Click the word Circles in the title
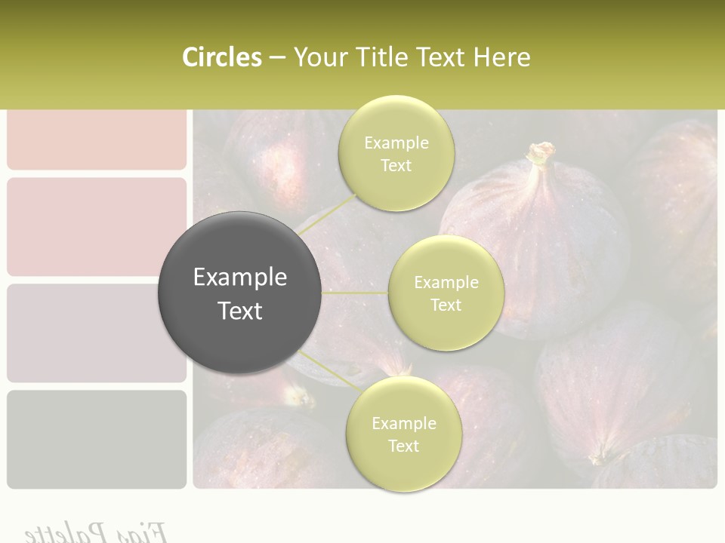221,57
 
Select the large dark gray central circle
239,293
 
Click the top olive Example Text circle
396,153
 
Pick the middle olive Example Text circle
446,293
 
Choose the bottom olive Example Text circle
403,434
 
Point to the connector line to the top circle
325,215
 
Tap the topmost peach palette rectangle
97,140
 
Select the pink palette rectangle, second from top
97,227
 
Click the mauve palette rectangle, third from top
97,333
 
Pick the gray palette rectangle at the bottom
97,439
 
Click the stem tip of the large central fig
541,153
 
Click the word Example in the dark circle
239,278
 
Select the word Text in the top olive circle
396,166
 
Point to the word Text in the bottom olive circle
403,446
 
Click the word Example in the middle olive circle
446,283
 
